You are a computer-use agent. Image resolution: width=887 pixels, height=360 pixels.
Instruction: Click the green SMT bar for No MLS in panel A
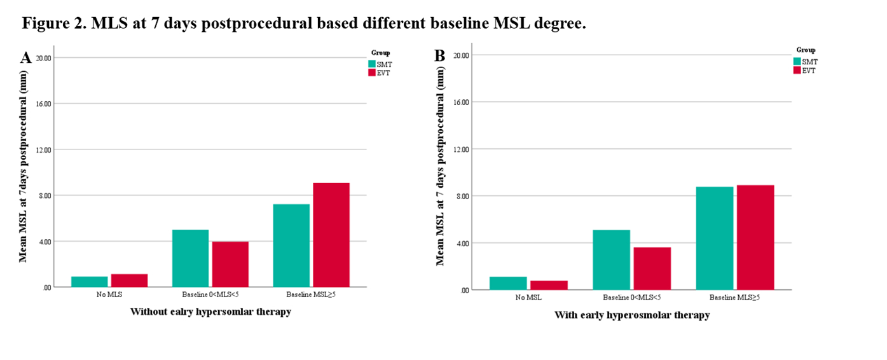click(x=89, y=282)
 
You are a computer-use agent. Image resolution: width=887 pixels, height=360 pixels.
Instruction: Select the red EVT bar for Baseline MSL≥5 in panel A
click(x=331, y=235)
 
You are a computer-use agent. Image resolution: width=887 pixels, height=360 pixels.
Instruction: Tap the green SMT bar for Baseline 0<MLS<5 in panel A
click(x=190, y=258)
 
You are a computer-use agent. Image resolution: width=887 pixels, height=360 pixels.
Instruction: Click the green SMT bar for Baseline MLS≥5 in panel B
click(x=715, y=238)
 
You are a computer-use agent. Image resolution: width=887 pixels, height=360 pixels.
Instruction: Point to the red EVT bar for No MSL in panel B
click(x=549, y=285)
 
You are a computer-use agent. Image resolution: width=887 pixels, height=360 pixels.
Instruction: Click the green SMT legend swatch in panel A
click(x=373, y=64)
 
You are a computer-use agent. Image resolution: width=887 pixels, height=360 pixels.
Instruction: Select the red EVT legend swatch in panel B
click(x=797, y=70)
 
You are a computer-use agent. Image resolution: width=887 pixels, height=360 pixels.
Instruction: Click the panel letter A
click(x=26, y=58)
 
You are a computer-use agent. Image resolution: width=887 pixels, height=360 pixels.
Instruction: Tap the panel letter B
click(x=439, y=56)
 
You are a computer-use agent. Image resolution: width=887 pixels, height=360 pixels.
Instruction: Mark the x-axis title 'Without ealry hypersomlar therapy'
click(x=210, y=312)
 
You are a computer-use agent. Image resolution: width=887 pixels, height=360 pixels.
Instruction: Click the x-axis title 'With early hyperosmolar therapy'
click(x=631, y=315)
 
